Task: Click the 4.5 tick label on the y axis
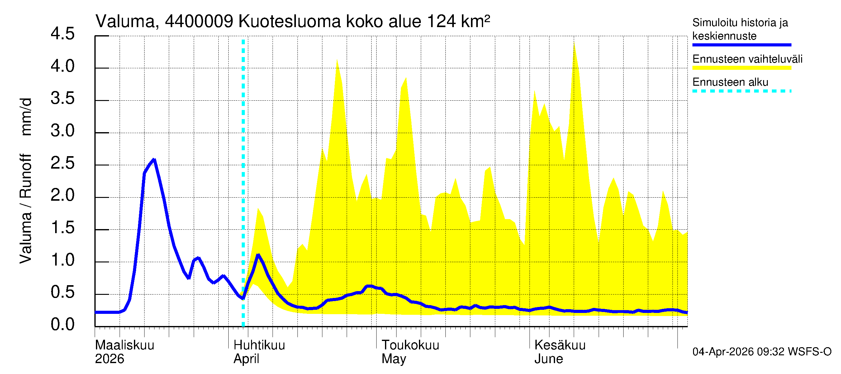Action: pyautogui.click(x=62, y=34)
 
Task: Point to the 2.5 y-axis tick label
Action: pyautogui.click(x=62, y=163)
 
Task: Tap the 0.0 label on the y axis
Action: pyautogui.click(x=62, y=325)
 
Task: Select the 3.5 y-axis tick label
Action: pyautogui.click(x=62, y=99)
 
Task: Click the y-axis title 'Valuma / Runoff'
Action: pyautogui.click(x=26, y=209)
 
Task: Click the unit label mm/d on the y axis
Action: pyautogui.click(x=26, y=117)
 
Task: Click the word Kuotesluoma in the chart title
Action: pyautogui.click(x=289, y=22)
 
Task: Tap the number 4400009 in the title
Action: pyautogui.click(x=199, y=22)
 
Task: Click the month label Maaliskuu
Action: pyautogui.click(x=124, y=345)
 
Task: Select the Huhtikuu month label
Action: pyautogui.click(x=259, y=345)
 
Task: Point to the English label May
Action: pyautogui.click(x=394, y=359)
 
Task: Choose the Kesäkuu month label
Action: pyautogui.click(x=560, y=345)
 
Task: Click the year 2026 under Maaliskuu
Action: pyautogui.click(x=109, y=359)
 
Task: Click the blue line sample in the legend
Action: pyautogui.click(x=741, y=45)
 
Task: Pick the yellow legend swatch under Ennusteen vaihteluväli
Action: pyautogui.click(x=741, y=68)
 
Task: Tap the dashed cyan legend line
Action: pyautogui.click(x=741, y=91)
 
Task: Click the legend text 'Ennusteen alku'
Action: pyautogui.click(x=730, y=82)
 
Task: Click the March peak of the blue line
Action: pyautogui.click(x=154, y=159)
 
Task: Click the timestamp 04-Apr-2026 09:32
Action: pyautogui.click(x=738, y=352)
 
